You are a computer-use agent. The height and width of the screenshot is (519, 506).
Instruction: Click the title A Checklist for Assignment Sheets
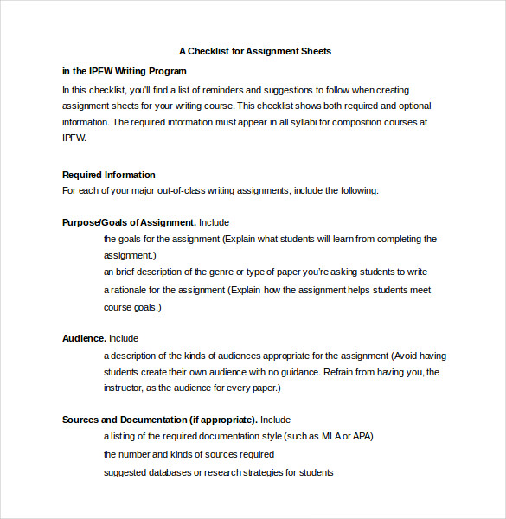[x=255, y=51]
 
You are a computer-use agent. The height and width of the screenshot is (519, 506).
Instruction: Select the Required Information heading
[x=109, y=175]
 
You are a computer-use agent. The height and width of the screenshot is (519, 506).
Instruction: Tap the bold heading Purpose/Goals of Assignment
[x=129, y=222]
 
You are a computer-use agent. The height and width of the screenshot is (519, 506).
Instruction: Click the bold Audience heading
[x=84, y=338]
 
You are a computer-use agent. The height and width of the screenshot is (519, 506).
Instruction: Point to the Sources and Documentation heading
[x=159, y=420]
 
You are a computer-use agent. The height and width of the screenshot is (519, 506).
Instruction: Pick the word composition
[x=353, y=122]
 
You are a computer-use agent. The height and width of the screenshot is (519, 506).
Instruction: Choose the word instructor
[x=126, y=388]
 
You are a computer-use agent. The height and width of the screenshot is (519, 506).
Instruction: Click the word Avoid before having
[x=406, y=356]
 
